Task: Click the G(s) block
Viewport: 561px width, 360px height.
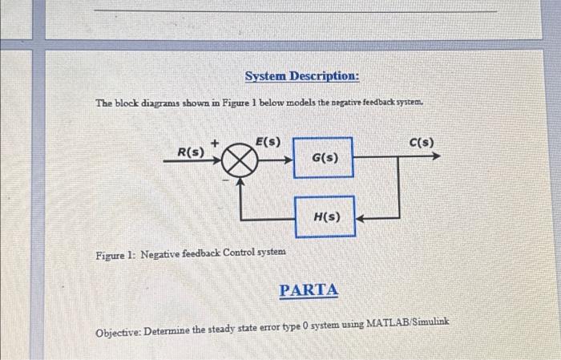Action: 324,158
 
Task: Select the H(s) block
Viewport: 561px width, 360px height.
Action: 325,216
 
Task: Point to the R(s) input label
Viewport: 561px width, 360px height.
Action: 190,152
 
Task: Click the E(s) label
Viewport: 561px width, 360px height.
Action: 268,142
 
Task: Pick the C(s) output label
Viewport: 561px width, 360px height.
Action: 422,143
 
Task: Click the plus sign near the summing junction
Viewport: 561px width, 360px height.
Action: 215,142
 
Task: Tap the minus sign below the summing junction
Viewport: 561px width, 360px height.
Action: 224,181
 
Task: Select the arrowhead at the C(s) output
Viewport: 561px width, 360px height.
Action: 435,157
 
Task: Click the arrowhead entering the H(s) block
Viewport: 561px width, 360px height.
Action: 361,216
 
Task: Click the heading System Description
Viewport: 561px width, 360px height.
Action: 301,76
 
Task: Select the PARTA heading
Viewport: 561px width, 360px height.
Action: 309,290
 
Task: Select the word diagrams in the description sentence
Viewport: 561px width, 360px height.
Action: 159,103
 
